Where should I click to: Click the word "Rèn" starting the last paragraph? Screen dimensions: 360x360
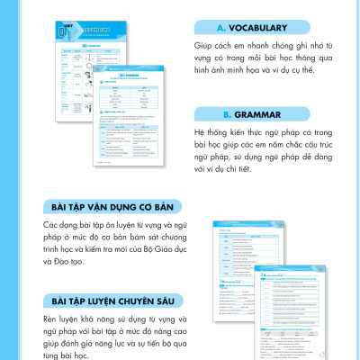click(51, 318)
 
